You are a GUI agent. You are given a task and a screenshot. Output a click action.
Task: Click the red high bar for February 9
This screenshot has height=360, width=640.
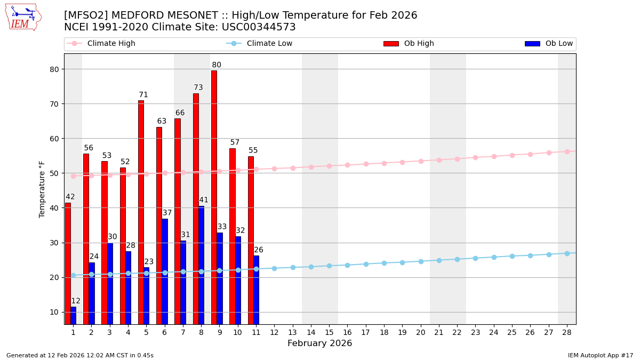(x=214, y=197)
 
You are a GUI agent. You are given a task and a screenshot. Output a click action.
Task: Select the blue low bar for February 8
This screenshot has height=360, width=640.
(x=201, y=265)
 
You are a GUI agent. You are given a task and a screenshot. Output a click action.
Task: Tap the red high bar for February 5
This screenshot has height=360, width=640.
(x=141, y=212)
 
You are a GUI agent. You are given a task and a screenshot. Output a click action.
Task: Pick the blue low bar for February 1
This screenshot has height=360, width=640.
(x=73, y=315)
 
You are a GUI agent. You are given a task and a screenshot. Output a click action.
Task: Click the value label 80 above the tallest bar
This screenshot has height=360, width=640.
(x=217, y=65)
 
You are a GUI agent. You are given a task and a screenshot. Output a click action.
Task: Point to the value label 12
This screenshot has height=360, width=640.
(x=76, y=301)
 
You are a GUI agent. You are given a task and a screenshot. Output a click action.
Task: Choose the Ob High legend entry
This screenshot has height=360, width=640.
(x=409, y=44)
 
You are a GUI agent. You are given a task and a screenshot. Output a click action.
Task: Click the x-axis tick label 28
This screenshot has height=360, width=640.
(x=566, y=332)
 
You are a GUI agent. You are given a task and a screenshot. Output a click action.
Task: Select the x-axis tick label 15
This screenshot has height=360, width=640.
(x=329, y=332)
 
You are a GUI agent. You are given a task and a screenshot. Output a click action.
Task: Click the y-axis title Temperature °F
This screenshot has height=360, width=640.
(x=42, y=189)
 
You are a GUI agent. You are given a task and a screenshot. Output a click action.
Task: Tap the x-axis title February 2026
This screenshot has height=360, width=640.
(x=319, y=343)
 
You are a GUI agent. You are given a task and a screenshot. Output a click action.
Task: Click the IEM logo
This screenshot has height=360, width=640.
(x=23, y=17)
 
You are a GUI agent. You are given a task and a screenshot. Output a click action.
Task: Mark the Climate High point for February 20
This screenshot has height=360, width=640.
(x=421, y=161)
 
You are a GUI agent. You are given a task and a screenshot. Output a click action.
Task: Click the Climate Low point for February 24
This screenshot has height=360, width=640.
(x=494, y=257)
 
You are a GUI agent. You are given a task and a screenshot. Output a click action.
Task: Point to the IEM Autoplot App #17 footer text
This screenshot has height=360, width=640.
(x=600, y=355)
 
